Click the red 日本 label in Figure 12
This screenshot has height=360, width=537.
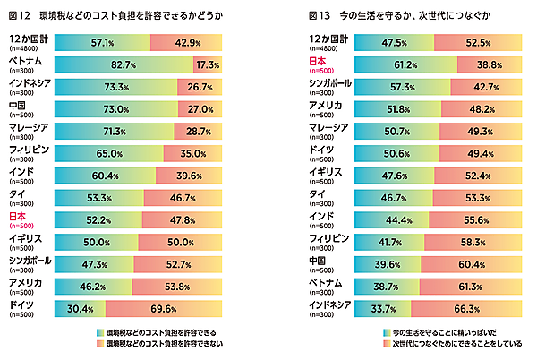tap(17, 216)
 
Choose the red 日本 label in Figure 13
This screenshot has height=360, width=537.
tap(317, 60)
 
